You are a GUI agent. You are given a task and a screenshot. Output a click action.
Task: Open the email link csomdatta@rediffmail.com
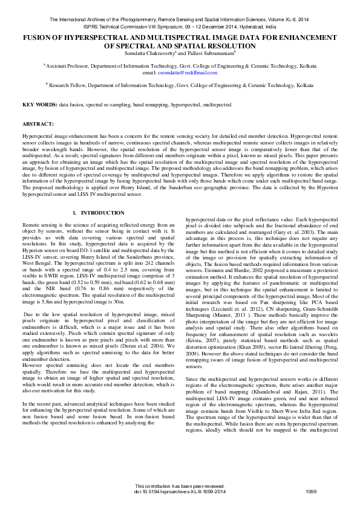pyautogui.click(x=191, y=73)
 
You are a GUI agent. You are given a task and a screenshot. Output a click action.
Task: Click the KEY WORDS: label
pyautogui.click(x=40, y=105)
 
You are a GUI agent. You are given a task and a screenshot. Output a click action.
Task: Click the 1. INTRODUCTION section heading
pyautogui.click(x=99, y=213)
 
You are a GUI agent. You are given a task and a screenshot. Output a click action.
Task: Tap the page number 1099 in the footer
pyautogui.click(x=312, y=491)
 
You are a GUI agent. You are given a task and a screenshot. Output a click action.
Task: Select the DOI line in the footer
pyautogui.click(x=180, y=491)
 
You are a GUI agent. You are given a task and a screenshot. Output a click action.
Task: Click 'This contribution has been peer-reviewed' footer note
pyautogui.click(x=180, y=485)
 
